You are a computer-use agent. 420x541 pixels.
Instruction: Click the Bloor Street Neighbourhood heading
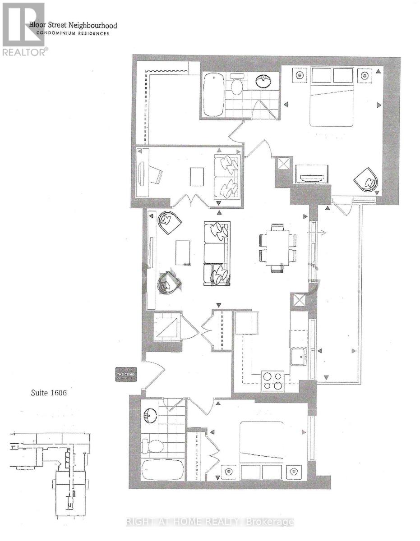74,26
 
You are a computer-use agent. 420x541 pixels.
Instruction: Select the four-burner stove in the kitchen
272,380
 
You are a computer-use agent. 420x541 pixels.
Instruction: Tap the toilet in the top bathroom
236,84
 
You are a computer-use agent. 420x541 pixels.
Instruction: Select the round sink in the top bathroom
264,81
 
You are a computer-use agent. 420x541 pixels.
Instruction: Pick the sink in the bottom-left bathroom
150,415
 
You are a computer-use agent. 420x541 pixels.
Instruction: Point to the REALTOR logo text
24,52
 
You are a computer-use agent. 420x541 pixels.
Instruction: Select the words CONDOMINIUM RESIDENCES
69,33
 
